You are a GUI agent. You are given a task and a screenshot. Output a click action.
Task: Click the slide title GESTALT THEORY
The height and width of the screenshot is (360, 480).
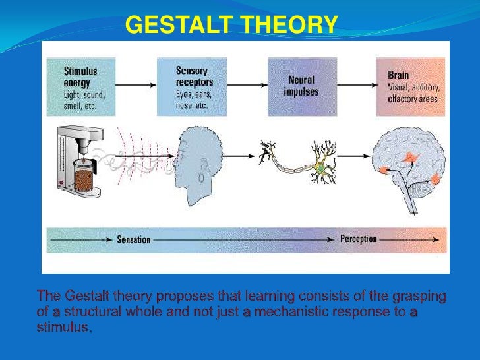coord(231,25)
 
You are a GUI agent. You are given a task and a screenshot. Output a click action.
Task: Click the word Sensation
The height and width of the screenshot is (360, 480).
coord(134,239)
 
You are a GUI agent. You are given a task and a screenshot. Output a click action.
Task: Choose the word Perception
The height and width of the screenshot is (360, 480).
coord(359,239)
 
